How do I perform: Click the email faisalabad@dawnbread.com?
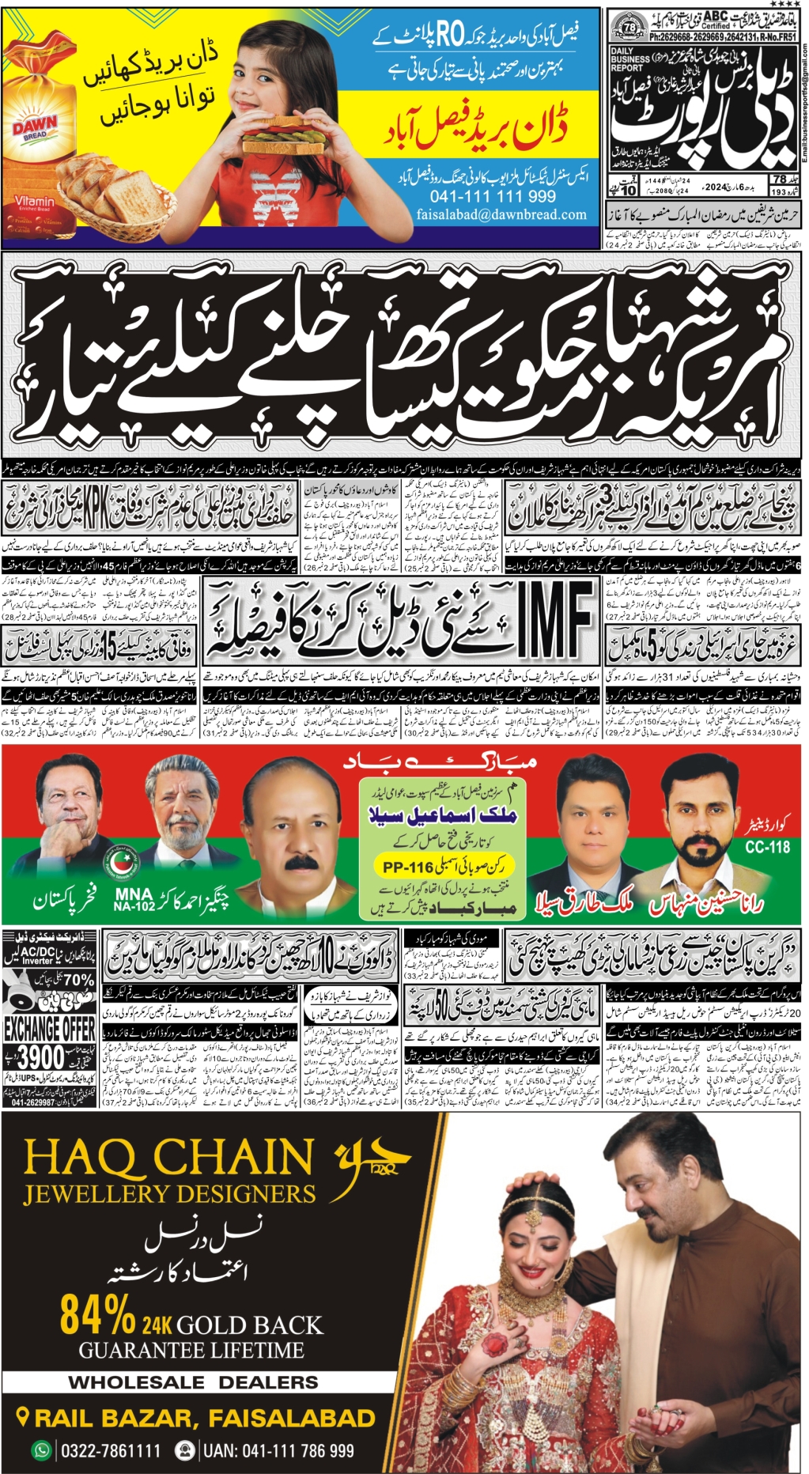[501, 214]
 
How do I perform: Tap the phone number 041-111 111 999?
[493, 196]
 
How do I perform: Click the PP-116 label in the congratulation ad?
[409, 867]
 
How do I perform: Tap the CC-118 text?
[767, 847]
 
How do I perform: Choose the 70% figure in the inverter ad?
[77, 981]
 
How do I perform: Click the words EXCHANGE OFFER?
[49, 1029]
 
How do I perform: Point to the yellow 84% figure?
[97, 1314]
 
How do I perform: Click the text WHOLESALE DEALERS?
[193, 1382]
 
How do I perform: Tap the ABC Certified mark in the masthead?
[716, 19]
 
